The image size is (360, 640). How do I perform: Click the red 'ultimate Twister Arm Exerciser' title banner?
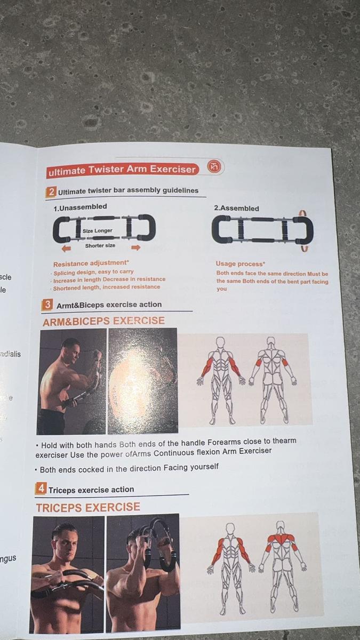pos(122,170)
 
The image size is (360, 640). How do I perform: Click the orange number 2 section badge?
pos(52,191)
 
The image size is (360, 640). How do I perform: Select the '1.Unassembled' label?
pos(80,207)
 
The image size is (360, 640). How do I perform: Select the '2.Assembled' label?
pos(236,209)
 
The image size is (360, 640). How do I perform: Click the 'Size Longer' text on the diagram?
pos(98,231)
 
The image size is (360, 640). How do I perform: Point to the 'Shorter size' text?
pos(100,246)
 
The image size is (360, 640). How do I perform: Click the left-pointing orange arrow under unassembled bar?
pos(67,249)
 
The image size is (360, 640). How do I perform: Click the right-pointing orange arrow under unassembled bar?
pos(135,247)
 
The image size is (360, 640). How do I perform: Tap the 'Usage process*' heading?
pos(240,264)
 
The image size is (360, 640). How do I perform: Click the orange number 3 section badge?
pos(47,305)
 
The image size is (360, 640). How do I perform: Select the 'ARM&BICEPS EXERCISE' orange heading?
pos(103,321)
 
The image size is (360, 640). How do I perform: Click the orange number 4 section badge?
pos(41,489)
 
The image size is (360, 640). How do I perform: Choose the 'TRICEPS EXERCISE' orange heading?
pos(88,507)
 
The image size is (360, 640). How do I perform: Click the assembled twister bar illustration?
pos(262,230)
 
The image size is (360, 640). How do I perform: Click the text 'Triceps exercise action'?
pos(91,490)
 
